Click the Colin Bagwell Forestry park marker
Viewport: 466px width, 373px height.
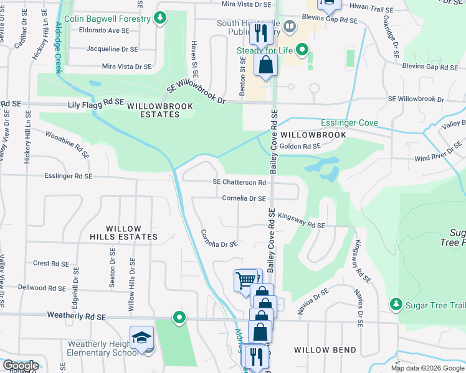point(161,18)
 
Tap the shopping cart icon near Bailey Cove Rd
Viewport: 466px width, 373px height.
point(245,280)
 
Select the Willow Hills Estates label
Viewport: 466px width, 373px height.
point(123,233)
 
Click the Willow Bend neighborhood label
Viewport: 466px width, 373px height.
point(325,350)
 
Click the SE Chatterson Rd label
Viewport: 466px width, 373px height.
point(239,182)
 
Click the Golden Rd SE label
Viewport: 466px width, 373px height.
point(300,146)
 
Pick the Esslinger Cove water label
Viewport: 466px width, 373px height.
point(349,122)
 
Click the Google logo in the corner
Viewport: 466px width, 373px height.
point(20,366)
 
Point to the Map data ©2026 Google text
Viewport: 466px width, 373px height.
point(427,368)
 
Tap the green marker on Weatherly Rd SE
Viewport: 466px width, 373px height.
point(179,318)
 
